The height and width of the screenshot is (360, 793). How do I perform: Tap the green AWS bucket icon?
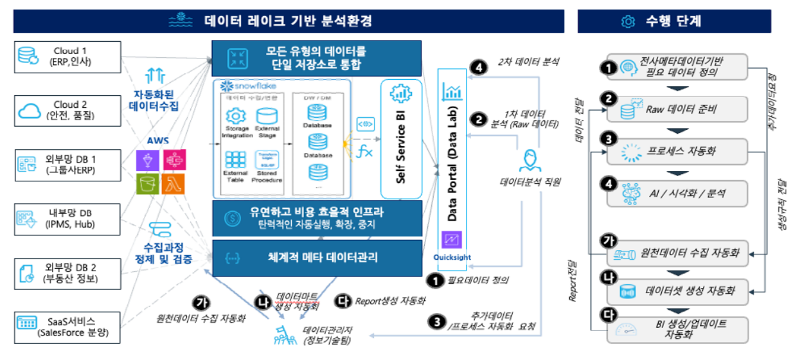tap(147, 184)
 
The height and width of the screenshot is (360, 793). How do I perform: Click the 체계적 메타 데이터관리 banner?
tap(316, 258)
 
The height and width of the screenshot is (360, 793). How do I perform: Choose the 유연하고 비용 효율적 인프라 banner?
tap(316, 218)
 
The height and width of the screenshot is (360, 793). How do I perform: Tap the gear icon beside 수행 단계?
tap(627, 21)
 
